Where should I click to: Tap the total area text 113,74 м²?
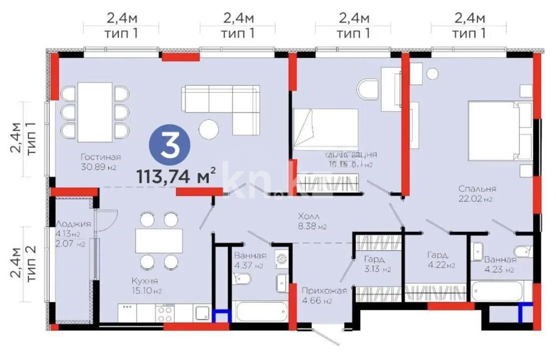tap(176, 176)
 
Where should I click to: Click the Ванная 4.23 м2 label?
tap(499, 265)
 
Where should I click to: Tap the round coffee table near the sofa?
tap(208, 130)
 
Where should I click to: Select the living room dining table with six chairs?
tap(94, 111)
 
